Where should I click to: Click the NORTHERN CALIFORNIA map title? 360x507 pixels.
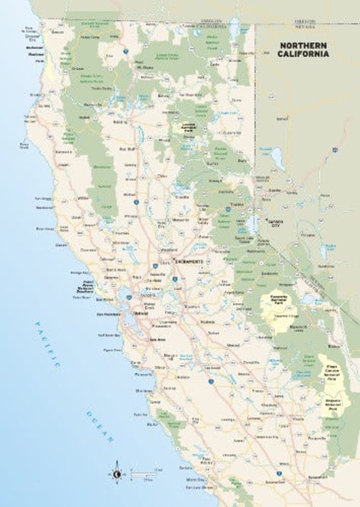tap(304, 49)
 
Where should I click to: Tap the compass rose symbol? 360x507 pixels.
tap(117, 472)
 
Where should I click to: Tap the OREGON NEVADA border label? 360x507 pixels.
tap(308, 25)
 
